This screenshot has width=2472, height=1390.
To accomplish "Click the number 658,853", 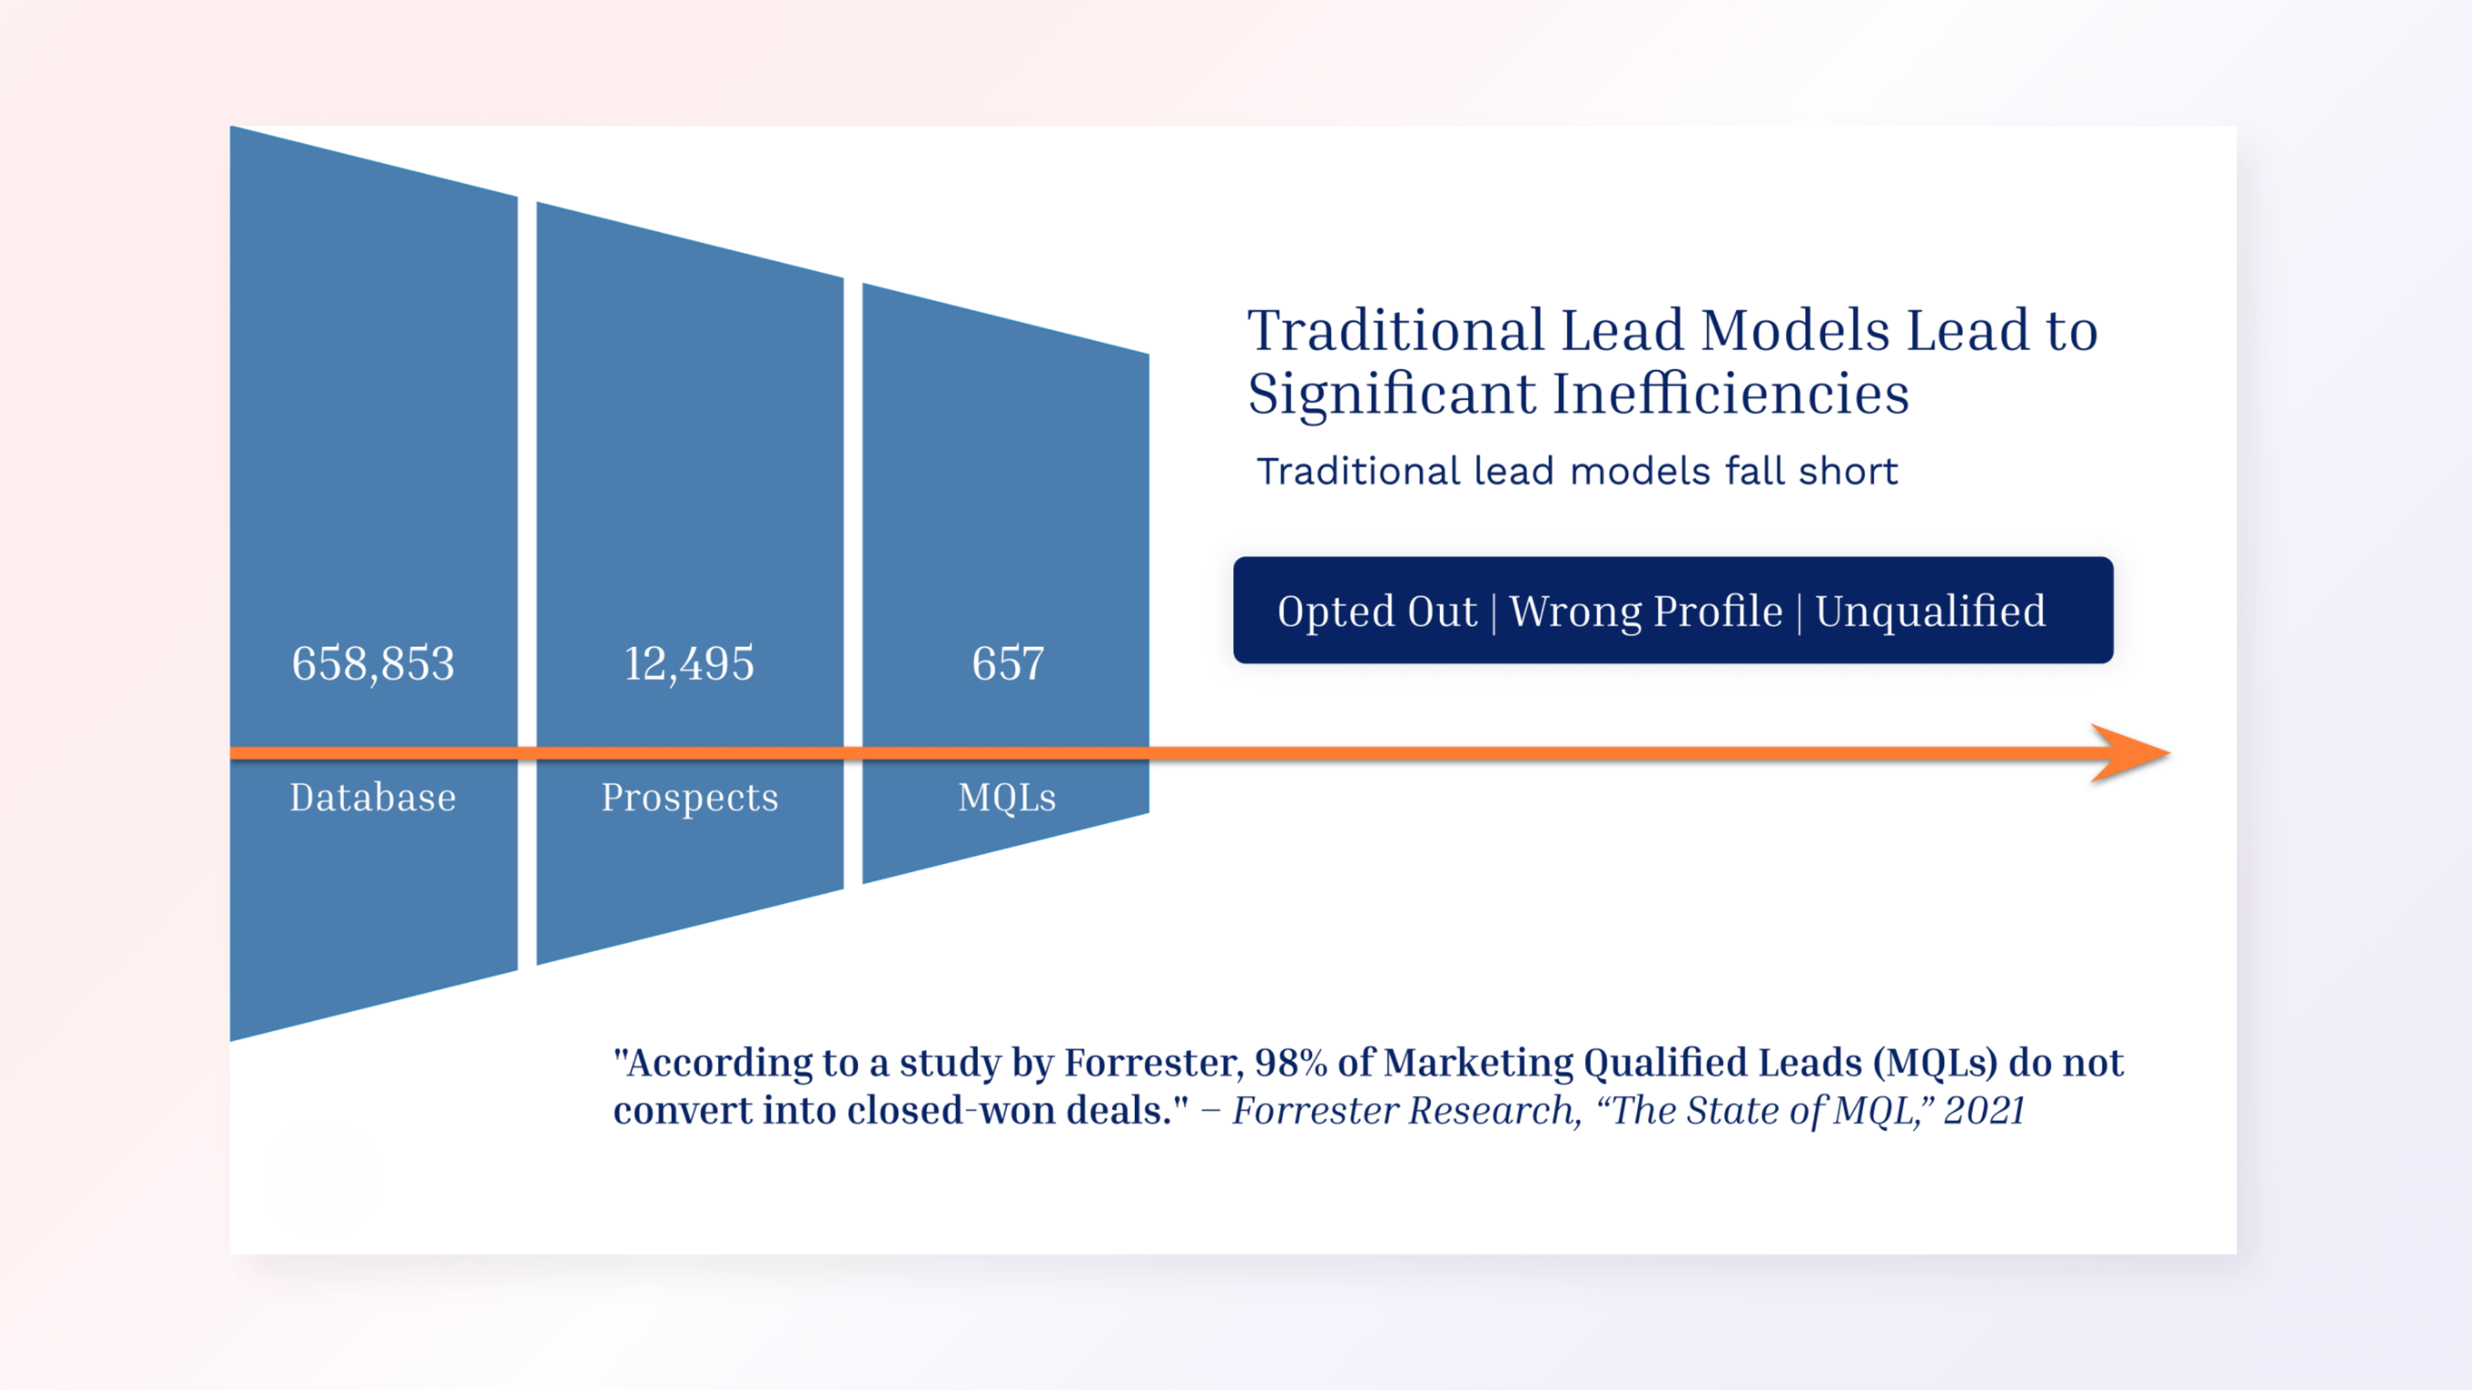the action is point(373,664).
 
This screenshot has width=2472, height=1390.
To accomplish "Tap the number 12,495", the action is point(689,664).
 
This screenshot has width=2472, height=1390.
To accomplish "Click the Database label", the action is point(373,797).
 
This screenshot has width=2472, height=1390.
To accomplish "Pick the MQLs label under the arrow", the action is point(1007,797).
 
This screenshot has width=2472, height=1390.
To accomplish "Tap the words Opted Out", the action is point(1377,611).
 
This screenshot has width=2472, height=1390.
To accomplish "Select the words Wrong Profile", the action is point(1646,611).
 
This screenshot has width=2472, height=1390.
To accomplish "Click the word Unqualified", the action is point(1931,611).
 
